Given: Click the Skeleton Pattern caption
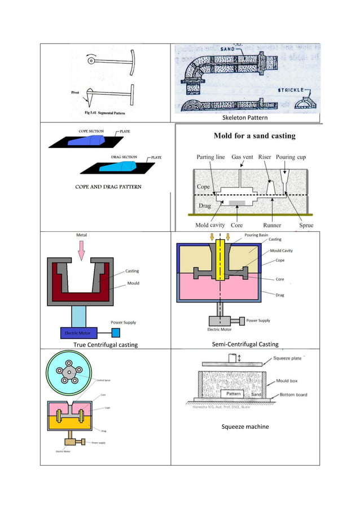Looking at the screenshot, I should pyautogui.click(x=245, y=118).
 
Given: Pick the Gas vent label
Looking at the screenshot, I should pyautogui.click(x=243, y=157).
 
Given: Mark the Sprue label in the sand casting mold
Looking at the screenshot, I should pyautogui.click(x=306, y=225).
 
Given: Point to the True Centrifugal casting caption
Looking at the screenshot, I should pyautogui.click(x=106, y=344).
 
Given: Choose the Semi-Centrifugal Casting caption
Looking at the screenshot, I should pyautogui.click(x=245, y=344).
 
